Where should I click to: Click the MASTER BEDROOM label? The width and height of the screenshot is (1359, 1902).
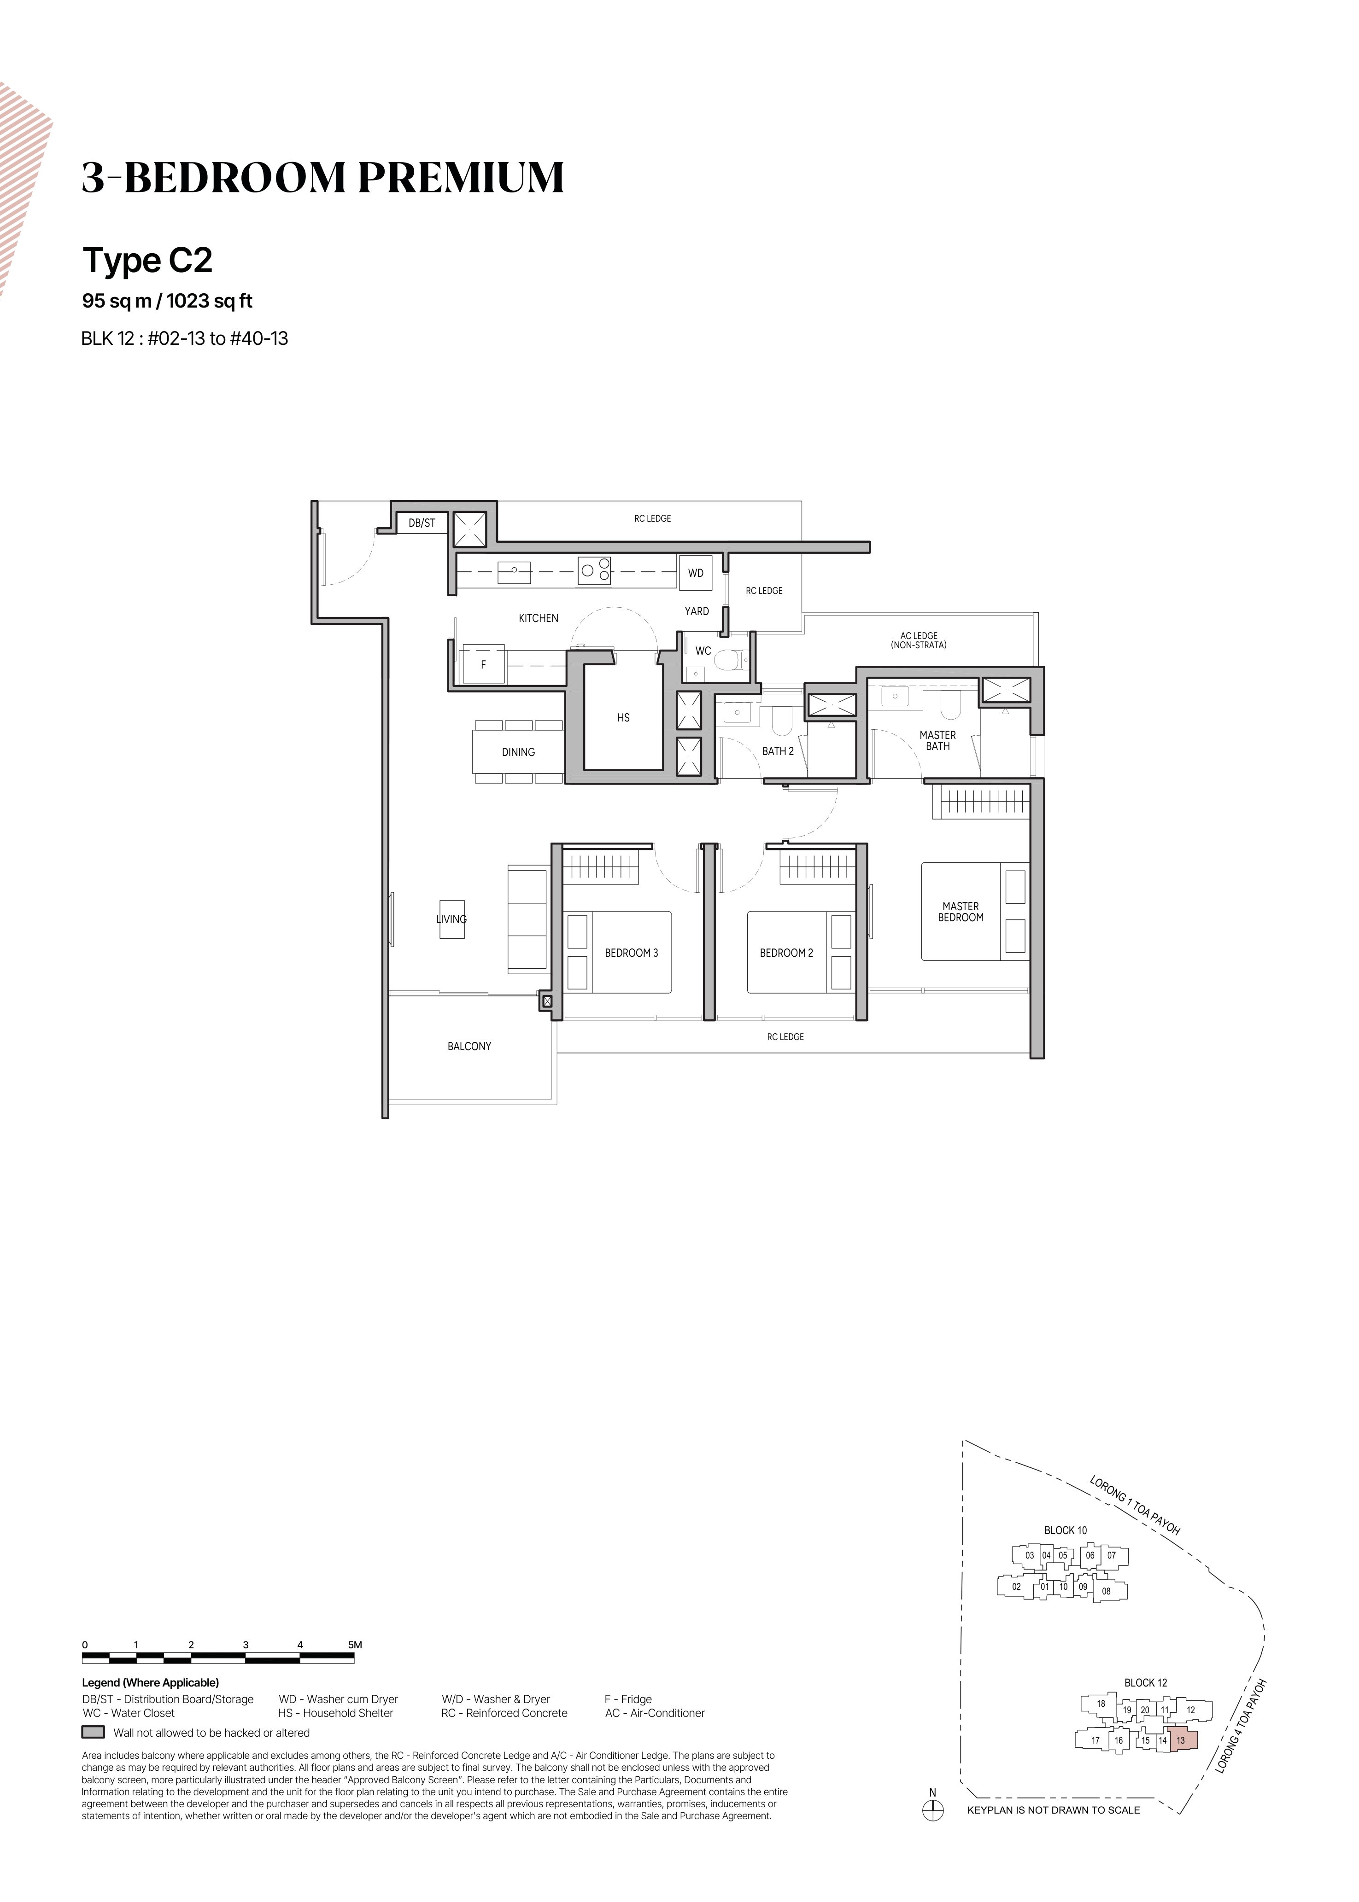point(961,912)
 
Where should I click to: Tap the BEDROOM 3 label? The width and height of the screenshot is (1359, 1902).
point(631,953)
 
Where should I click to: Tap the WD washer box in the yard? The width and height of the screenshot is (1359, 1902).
point(696,573)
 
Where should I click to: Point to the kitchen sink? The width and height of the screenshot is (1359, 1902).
point(514,572)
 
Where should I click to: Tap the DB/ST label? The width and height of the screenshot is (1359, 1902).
point(422,523)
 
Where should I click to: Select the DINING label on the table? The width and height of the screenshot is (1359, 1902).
point(518,752)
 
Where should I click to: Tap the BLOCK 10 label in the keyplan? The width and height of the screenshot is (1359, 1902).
point(1065,1530)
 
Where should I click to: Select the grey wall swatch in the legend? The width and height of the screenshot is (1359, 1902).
point(93,1732)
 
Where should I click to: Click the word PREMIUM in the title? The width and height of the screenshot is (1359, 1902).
point(462,177)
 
